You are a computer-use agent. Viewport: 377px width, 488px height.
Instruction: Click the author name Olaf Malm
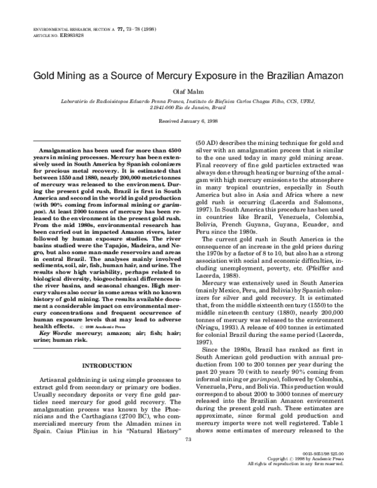coord(188,90)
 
